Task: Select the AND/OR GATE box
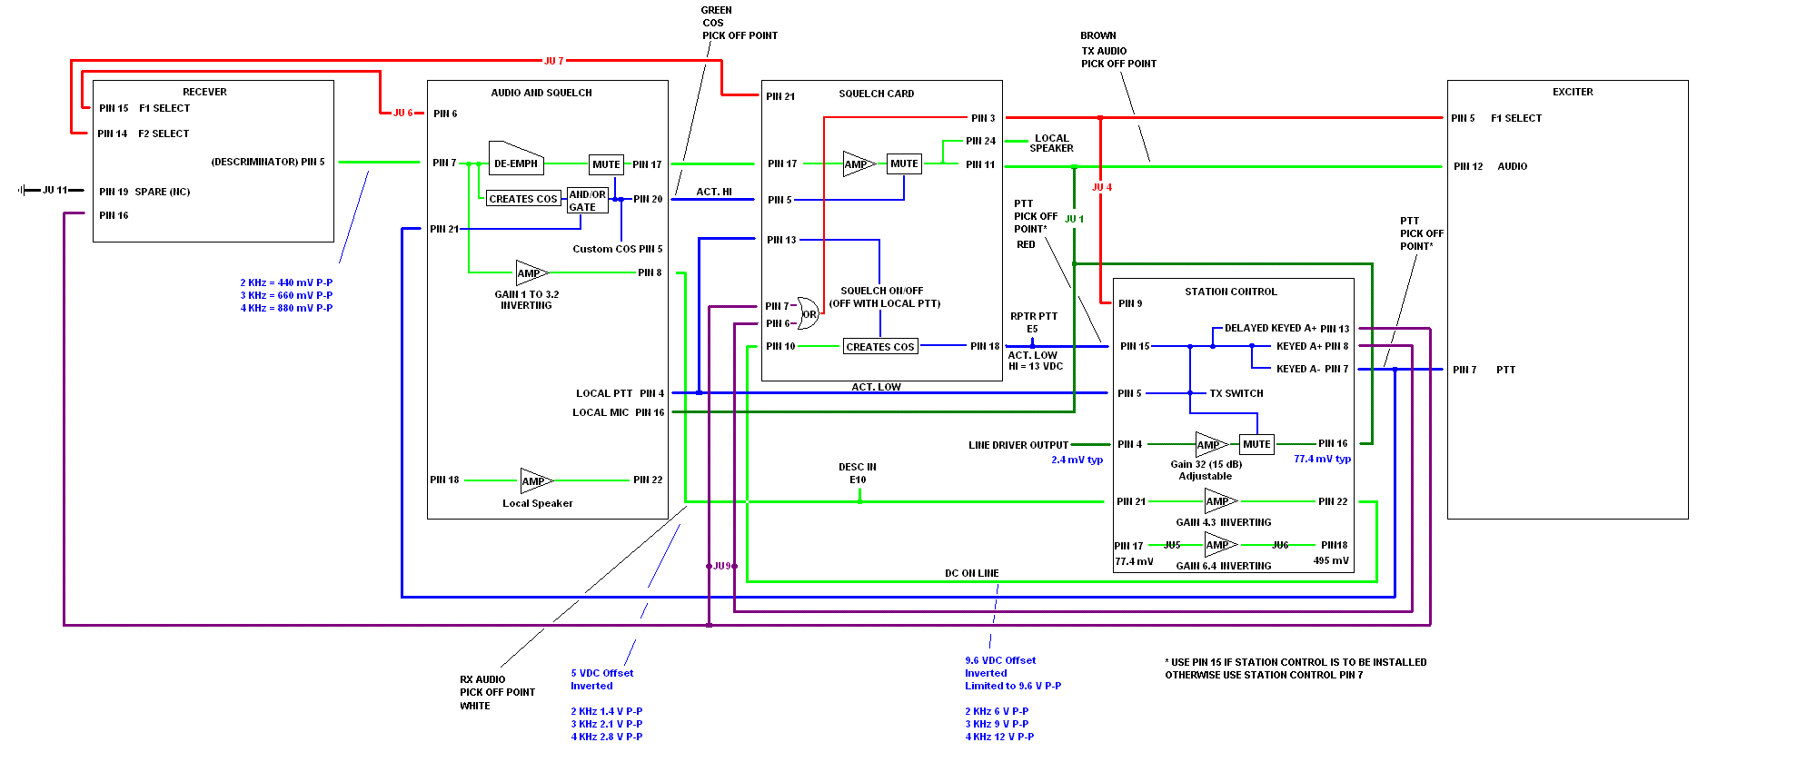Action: click(587, 201)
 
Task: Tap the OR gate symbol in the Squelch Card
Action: click(808, 313)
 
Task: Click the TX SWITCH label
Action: click(1236, 393)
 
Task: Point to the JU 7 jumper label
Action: click(553, 61)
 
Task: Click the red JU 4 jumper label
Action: click(1101, 187)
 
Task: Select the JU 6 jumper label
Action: click(402, 113)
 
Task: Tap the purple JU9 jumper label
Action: click(722, 566)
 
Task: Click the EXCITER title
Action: click(1572, 92)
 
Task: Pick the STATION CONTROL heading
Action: click(1230, 292)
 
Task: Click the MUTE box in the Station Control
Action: click(1256, 444)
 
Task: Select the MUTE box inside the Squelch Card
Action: click(904, 163)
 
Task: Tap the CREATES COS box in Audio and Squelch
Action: click(522, 199)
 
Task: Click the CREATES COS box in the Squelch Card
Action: click(879, 347)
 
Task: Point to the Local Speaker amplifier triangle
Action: click(534, 480)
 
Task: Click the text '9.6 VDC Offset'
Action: click(999, 660)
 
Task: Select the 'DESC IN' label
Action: click(857, 467)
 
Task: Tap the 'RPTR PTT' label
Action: click(1033, 316)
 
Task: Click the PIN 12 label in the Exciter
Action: click(1467, 166)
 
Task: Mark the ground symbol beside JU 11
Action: click(21, 190)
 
